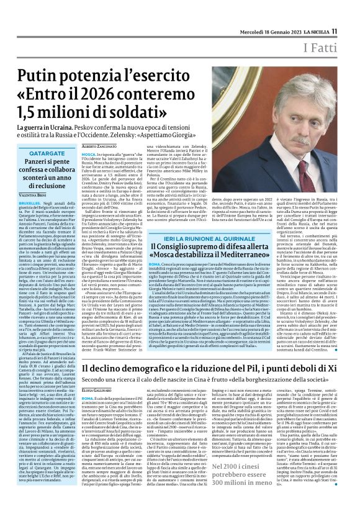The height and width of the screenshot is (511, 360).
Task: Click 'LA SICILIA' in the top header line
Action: coord(314,14)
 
